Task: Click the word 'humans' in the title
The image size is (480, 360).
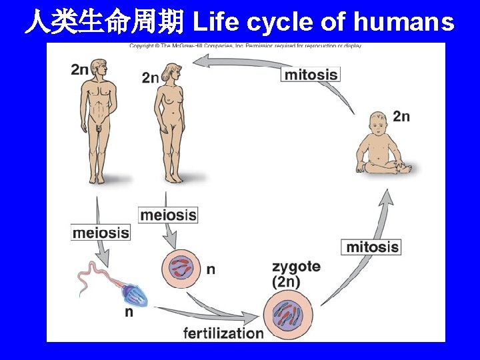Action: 404,22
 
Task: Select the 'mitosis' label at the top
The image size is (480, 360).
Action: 311,73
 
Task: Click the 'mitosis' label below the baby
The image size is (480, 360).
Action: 372,247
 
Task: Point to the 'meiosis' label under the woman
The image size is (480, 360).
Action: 169,215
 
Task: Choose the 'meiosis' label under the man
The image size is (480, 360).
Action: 100,233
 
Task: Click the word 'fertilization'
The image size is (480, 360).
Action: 224,332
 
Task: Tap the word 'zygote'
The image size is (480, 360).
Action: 296,267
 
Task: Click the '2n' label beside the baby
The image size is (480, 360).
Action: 401,116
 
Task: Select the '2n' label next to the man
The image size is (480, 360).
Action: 79,70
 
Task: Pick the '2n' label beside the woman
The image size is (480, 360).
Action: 150,77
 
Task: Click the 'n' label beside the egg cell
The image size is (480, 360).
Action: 211,269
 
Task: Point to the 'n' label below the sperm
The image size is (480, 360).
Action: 129,312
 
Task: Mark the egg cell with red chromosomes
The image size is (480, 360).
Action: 180,268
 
